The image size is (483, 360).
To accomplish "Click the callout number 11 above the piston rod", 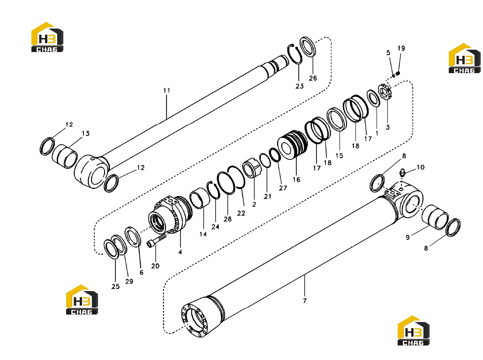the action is tap(166, 90).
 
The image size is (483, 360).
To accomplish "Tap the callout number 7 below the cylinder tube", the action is tap(305, 300).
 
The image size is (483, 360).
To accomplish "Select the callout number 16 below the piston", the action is tap(296, 180).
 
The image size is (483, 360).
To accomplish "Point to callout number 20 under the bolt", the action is tap(155, 266).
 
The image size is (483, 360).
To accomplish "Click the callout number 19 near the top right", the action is tap(401, 48).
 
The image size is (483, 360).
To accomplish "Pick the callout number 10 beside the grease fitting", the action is tap(421, 167).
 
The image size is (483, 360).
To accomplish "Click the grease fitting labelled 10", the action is tap(403, 173).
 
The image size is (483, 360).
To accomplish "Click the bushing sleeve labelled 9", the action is tap(435, 217).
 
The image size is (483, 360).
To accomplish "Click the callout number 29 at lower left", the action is tap(129, 281).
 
